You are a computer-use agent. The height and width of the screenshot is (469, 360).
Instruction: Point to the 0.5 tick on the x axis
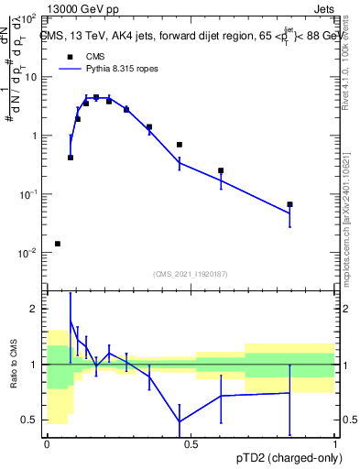[x=191, y=443]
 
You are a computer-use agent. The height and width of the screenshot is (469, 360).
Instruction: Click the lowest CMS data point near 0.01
[x=58, y=244]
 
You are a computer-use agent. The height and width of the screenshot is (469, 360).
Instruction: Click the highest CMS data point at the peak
[x=96, y=97]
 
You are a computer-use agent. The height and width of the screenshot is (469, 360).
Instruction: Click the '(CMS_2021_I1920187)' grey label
[x=190, y=273]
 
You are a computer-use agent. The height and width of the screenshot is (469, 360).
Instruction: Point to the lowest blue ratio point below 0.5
[x=180, y=422]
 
